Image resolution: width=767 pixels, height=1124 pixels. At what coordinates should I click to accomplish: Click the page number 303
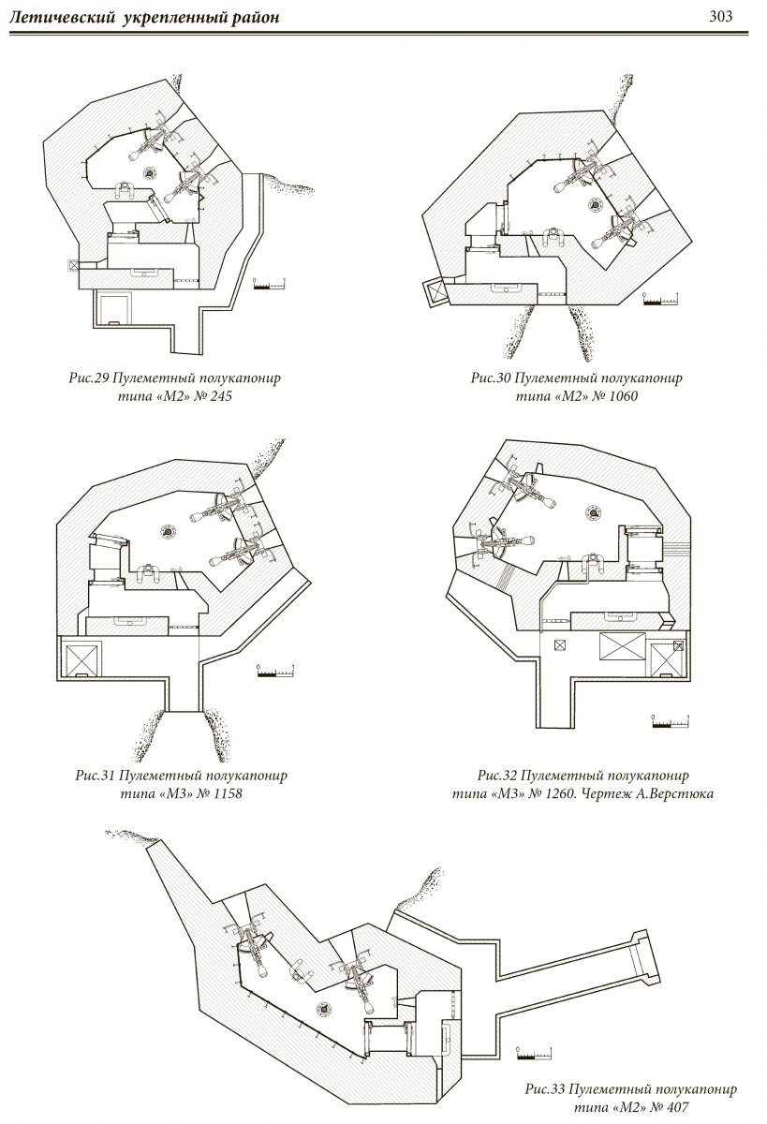pyautogui.click(x=720, y=16)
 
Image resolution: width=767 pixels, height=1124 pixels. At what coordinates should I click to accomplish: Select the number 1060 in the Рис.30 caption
pyautogui.click(x=629, y=396)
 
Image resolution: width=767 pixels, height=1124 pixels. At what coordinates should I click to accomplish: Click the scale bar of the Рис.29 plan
pyautogui.click(x=271, y=284)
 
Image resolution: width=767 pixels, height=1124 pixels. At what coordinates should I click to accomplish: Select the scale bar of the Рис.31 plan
pyautogui.click(x=276, y=672)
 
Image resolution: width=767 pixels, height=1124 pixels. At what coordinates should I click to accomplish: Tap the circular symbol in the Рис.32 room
pyautogui.click(x=592, y=510)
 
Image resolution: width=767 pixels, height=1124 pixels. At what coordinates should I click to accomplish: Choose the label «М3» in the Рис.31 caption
pyautogui.click(x=170, y=793)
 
